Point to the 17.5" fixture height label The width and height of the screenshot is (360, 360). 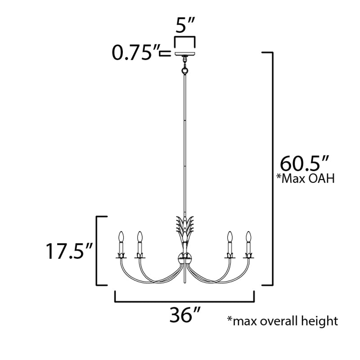point(69,251)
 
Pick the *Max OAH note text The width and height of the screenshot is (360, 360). point(306,179)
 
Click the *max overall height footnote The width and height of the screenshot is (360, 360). point(283,321)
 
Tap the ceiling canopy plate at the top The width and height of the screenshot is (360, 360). point(185,54)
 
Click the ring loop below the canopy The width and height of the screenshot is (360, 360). point(185,71)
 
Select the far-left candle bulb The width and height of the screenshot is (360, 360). point(121,237)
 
